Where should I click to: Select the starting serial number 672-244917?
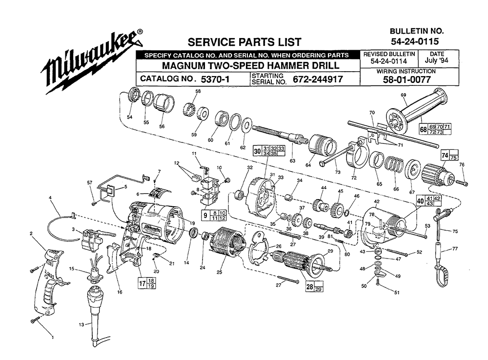(x=317, y=79)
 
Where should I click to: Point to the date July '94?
(x=437, y=61)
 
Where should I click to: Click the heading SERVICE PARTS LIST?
(x=244, y=42)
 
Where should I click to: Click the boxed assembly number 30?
(x=257, y=151)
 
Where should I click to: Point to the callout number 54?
(x=129, y=117)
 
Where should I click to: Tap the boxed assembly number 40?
(x=419, y=200)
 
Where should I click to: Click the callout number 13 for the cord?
(x=81, y=324)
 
